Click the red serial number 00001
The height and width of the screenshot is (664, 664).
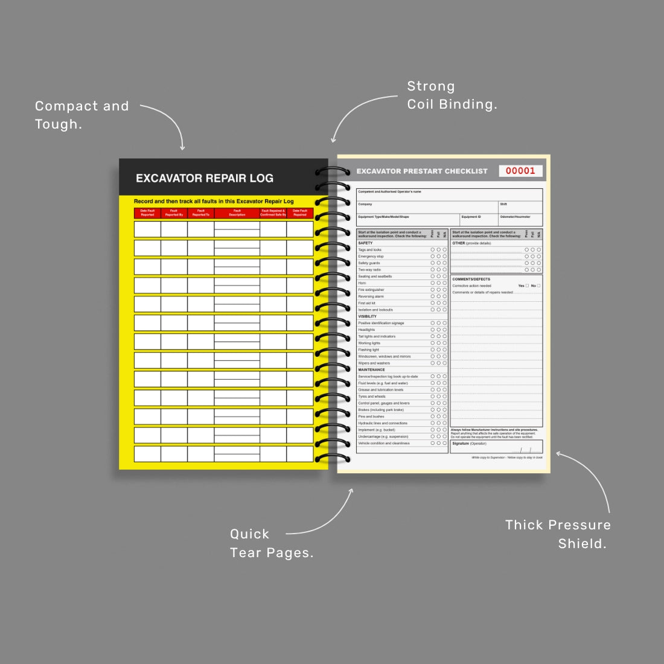pyautogui.click(x=520, y=171)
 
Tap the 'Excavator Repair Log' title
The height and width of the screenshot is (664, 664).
pyautogui.click(x=205, y=178)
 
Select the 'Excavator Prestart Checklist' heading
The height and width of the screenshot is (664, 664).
pyautogui.click(x=422, y=171)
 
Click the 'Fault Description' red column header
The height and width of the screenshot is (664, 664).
pyautogui.click(x=237, y=212)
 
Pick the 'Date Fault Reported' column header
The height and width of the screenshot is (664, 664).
pyautogui.click(x=147, y=212)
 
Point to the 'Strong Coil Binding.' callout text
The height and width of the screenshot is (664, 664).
pyautogui.click(x=452, y=95)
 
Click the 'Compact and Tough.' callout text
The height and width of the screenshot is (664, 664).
pyautogui.click(x=81, y=115)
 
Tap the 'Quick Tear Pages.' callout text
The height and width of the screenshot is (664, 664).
pyautogui.click(x=271, y=543)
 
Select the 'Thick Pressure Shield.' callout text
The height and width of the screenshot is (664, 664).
pyautogui.click(x=558, y=534)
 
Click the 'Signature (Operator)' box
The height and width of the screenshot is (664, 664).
pyautogui.click(x=496, y=447)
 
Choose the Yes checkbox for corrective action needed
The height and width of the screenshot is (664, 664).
pyautogui.click(x=527, y=286)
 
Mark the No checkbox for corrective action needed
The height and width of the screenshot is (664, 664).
pyautogui.click(x=538, y=286)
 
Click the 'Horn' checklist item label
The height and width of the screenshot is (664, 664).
pyautogui.click(x=362, y=283)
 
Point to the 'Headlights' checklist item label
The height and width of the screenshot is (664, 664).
pyautogui.click(x=366, y=330)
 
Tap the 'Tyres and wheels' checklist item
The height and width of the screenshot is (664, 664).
pyautogui.click(x=372, y=397)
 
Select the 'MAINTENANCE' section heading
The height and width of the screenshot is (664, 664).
pyautogui.click(x=371, y=369)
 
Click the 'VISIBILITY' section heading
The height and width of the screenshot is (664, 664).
pyautogui.click(x=367, y=316)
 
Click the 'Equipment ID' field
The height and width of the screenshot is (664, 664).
pyautogui.click(x=479, y=220)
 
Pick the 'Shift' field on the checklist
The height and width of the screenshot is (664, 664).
pyautogui.click(x=520, y=207)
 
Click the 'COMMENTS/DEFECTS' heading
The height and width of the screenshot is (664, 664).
pyautogui.click(x=471, y=279)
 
